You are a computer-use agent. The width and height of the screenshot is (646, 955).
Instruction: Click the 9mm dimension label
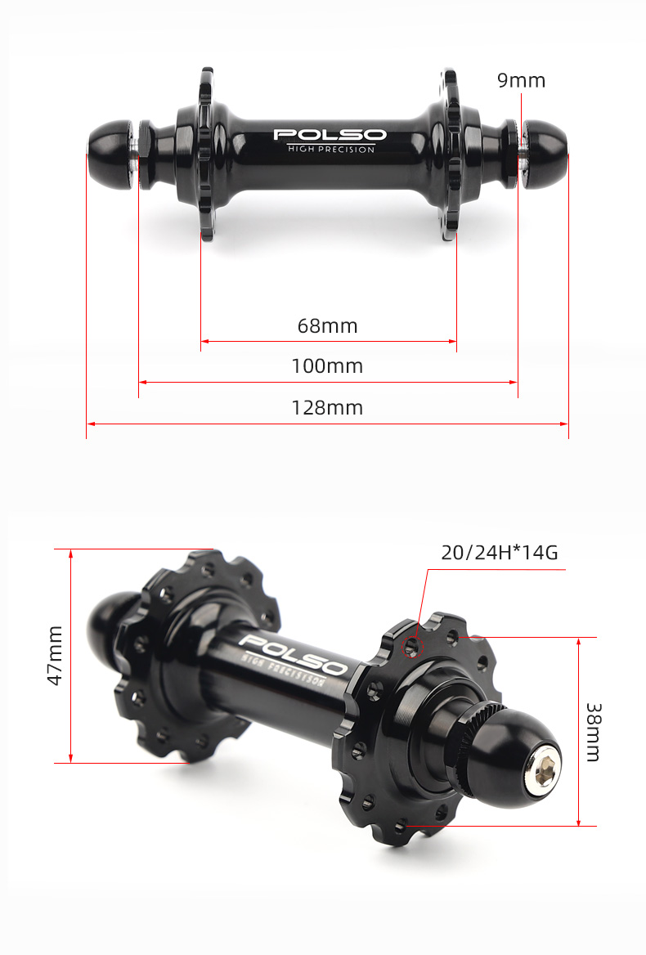(x=521, y=80)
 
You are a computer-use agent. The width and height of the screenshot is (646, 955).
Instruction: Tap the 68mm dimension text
(x=327, y=325)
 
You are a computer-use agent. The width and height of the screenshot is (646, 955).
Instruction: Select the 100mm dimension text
(x=327, y=365)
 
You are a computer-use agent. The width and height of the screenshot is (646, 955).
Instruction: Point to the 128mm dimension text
(x=327, y=407)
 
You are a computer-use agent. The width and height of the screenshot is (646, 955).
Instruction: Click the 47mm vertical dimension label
(x=55, y=655)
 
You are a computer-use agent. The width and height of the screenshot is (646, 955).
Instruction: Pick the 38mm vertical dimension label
(x=594, y=732)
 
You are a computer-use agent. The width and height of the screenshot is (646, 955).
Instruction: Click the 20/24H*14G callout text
(x=499, y=553)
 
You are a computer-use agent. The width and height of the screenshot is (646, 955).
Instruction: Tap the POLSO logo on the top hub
(x=330, y=134)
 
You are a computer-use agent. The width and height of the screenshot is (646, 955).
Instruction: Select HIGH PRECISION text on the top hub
(x=330, y=149)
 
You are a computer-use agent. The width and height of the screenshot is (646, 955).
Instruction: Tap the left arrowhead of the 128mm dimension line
(x=91, y=424)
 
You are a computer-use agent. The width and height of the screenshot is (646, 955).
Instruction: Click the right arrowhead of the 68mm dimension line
(x=452, y=341)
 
